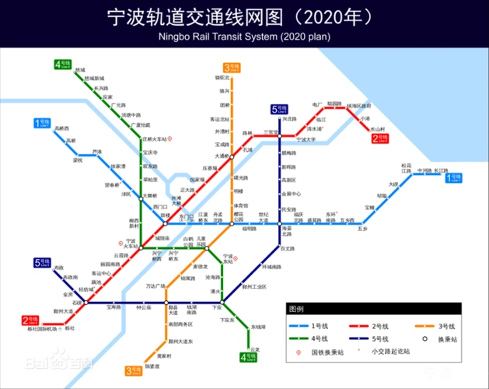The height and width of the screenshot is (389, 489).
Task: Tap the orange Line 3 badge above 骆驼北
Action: point(232,68)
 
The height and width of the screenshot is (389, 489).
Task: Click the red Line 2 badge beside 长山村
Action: point(380,138)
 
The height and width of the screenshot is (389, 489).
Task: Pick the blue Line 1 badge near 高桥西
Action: point(41,123)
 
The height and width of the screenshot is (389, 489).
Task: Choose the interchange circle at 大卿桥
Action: point(141,196)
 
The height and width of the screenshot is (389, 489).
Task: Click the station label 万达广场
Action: point(156,286)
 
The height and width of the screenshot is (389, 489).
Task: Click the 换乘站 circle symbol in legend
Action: point(426,338)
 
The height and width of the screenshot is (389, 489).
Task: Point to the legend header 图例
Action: point(298,309)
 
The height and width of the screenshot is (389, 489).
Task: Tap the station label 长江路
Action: point(442,170)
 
